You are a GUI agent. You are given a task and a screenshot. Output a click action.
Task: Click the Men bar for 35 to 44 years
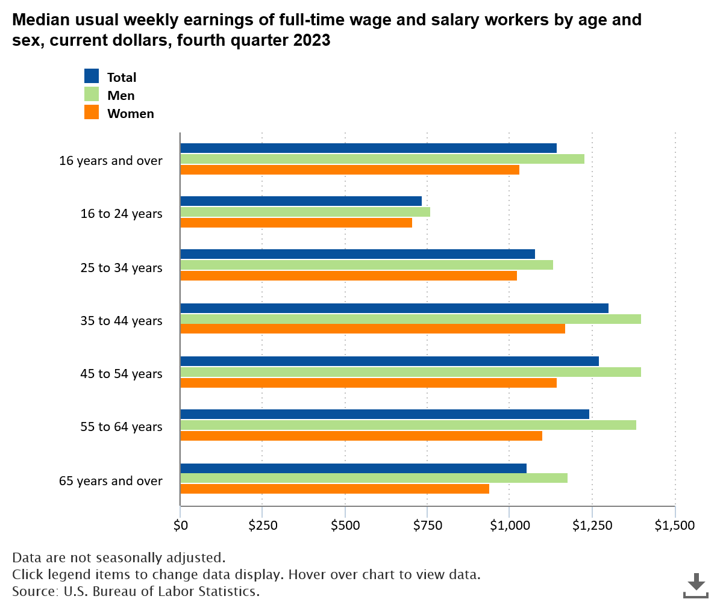[x=410, y=319]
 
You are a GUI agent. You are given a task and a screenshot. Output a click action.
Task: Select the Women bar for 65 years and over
[x=334, y=489]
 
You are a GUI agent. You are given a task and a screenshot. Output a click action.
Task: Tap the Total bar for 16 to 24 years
[x=301, y=201]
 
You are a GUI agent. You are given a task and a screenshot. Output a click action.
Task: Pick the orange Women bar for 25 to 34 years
[x=348, y=276]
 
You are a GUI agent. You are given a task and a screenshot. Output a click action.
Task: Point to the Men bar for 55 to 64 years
[x=408, y=425]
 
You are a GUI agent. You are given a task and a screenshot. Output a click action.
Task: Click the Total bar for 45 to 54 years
[x=389, y=361]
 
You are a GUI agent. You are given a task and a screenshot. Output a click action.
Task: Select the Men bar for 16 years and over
[x=382, y=159]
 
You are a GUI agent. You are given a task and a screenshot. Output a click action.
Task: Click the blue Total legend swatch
[x=92, y=76]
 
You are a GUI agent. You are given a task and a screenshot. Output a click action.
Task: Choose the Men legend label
[x=121, y=95]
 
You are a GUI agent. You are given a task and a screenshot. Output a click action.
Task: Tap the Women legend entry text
[x=130, y=113]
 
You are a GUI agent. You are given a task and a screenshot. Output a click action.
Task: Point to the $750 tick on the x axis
[x=428, y=525]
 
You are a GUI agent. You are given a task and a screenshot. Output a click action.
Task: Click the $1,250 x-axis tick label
[x=592, y=525]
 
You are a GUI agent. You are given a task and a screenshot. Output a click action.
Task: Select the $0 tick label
[x=180, y=525]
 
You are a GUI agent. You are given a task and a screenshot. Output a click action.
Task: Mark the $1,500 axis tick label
[x=674, y=525]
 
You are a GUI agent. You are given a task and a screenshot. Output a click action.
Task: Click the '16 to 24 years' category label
[x=121, y=213]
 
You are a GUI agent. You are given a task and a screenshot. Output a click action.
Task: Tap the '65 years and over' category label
[x=110, y=480]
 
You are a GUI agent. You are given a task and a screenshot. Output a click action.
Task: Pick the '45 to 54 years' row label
[x=121, y=373]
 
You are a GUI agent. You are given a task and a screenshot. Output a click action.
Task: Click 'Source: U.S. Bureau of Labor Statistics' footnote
[x=136, y=591]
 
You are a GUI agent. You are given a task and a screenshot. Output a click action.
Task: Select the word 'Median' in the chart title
[x=39, y=20]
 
